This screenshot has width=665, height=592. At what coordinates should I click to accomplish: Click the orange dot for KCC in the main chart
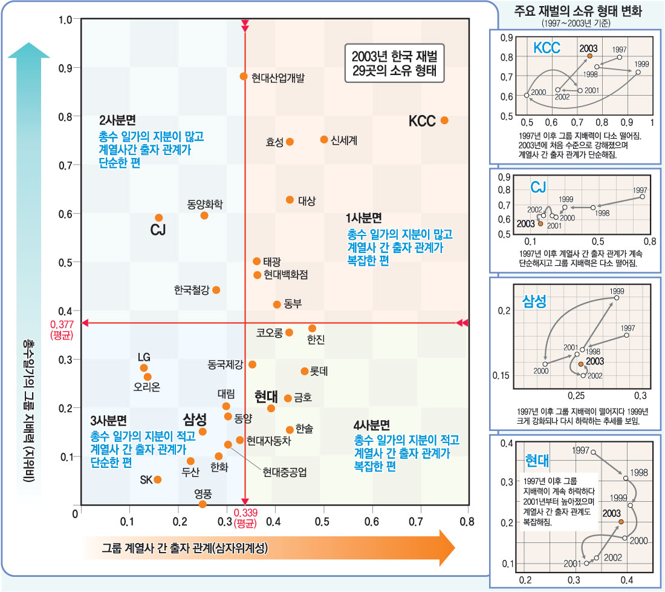pos(444,120)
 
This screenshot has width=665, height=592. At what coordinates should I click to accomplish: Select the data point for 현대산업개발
pos(244,76)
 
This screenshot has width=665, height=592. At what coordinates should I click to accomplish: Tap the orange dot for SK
pos(158,479)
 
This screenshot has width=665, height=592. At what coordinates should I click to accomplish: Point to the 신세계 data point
pos(324,140)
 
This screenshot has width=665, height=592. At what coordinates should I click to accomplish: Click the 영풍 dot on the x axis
pos(203,504)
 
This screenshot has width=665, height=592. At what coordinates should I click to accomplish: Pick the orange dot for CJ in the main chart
pos(158,218)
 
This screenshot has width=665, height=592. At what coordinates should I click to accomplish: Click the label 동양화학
pos(206,203)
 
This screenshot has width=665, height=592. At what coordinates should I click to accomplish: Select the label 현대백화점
pos(286,275)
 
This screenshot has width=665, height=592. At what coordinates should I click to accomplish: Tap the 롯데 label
pos(319,371)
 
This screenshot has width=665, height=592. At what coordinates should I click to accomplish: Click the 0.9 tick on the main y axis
pos(65,68)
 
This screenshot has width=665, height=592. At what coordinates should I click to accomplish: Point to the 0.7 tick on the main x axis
pos(420,521)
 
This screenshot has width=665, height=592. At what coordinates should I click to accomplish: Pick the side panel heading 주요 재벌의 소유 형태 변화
pos(577,11)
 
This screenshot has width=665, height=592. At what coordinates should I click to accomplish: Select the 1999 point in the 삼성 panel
pos(617,298)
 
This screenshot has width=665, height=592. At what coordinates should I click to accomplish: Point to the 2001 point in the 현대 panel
pos(586,563)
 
